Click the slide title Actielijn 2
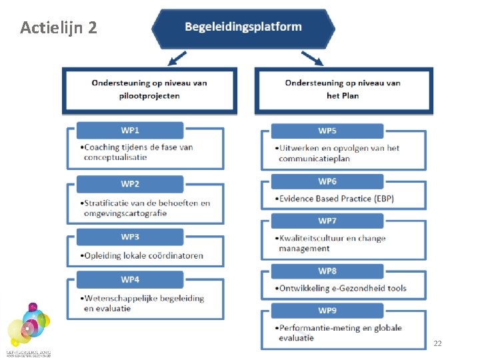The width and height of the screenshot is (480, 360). (x=59, y=28)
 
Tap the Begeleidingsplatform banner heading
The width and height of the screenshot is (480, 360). (x=243, y=27)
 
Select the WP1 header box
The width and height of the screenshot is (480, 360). (x=130, y=129)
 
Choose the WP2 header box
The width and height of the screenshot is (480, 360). (x=130, y=184)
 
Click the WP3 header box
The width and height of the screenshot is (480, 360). (x=130, y=237)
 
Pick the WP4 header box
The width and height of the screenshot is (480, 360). (x=130, y=279)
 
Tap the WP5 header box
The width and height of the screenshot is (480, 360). (x=327, y=131)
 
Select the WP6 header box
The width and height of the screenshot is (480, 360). (x=327, y=181)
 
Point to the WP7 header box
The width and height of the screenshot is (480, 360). (x=327, y=221)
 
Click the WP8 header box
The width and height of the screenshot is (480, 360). (x=327, y=271)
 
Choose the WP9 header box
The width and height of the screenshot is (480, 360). (x=327, y=310)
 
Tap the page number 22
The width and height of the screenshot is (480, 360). (x=437, y=343)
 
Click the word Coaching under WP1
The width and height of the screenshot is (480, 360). (x=102, y=147)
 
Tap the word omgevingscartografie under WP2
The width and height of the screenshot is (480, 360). (x=125, y=213)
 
